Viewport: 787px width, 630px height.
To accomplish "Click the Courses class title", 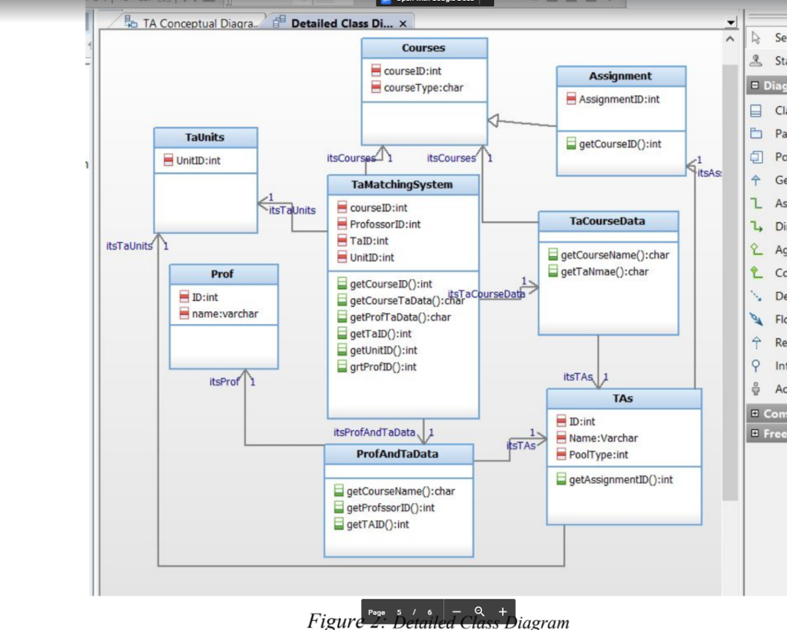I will click(x=423, y=48).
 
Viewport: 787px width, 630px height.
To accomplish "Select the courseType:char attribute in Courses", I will click(x=423, y=88).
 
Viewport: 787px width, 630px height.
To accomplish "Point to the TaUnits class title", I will click(x=205, y=137).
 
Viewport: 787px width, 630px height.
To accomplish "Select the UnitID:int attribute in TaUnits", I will click(x=198, y=161).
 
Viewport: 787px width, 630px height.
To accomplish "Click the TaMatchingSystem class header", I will click(x=402, y=185).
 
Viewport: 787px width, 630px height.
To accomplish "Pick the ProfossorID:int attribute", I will click(x=385, y=225).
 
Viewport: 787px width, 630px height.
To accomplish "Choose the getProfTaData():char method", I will click(x=400, y=317).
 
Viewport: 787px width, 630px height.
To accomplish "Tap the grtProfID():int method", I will click(x=383, y=367).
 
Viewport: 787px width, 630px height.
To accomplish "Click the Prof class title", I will click(x=222, y=274).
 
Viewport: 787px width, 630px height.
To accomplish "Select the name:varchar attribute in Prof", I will click(x=224, y=314).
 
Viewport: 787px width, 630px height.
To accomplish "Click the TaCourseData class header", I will click(x=607, y=221).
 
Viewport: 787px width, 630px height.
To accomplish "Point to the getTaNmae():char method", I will click(x=604, y=272).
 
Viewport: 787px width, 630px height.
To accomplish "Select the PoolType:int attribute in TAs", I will click(x=598, y=455).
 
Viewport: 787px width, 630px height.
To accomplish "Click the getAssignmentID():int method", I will click(x=620, y=480).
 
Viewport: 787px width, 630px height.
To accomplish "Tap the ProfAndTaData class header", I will click(x=397, y=454).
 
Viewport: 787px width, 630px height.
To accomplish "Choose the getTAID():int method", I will click(x=377, y=525).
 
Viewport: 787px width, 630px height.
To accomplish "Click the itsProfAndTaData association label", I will click(x=374, y=432).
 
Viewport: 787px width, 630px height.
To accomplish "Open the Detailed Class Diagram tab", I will click(x=341, y=24).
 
